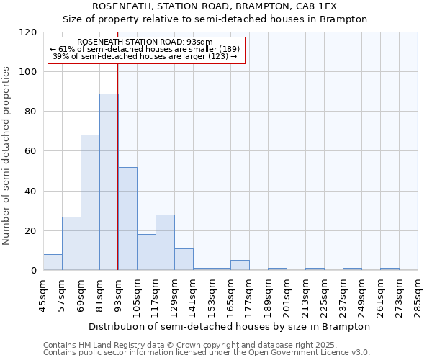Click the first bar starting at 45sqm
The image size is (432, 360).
click(x=53, y=263)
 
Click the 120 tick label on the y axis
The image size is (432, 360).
click(x=28, y=32)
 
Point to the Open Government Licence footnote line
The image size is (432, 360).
click(x=206, y=352)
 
